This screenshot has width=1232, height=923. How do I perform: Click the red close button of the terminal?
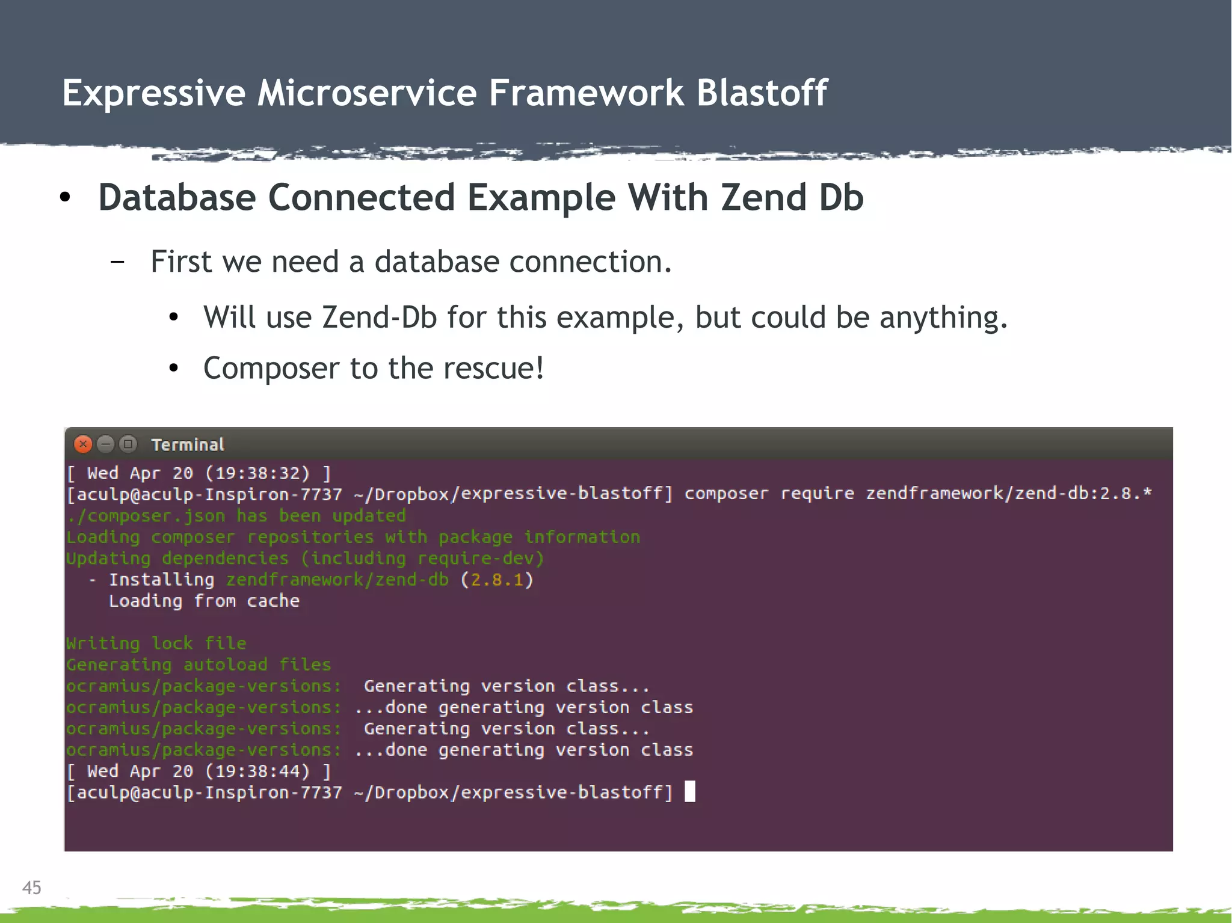click(83, 444)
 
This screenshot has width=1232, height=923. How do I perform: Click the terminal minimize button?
click(105, 444)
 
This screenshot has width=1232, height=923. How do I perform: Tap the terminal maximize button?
click(128, 444)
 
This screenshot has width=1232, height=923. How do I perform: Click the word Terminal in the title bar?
click(188, 445)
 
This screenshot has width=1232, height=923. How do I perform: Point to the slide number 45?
click(32, 888)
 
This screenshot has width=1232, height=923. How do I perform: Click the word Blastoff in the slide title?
click(762, 93)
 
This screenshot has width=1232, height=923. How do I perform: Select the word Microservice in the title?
click(367, 93)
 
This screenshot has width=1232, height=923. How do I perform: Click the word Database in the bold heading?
click(177, 197)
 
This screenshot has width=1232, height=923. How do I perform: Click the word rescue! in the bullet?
click(494, 368)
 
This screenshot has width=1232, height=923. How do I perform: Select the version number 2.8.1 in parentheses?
click(497, 580)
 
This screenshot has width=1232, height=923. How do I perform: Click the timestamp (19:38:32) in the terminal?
click(257, 473)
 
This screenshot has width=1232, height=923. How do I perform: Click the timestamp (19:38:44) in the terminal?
click(257, 771)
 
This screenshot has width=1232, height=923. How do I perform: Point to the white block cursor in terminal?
click(690, 791)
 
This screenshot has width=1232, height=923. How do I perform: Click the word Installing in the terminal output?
click(161, 580)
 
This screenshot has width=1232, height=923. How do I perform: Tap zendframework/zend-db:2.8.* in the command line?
click(1008, 494)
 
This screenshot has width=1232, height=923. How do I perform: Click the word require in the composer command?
click(817, 494)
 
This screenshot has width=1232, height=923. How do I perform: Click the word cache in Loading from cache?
click(273, 601)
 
